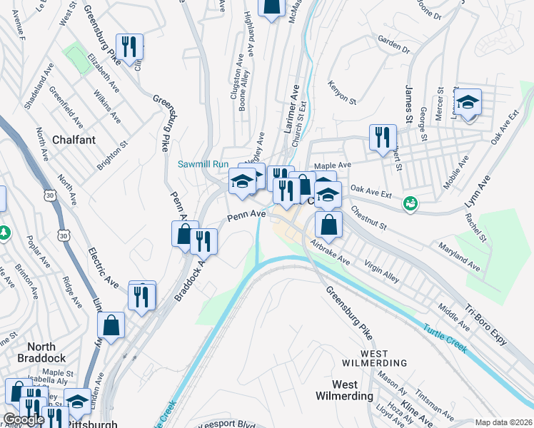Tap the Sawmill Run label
[203, 165]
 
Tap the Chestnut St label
[368, 218]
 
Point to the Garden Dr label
[394, 46]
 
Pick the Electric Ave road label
[104, 267]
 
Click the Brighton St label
[113, 153]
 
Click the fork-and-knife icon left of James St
[383, 136]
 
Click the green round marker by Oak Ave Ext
[410, 203]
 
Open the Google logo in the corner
[23, 420]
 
